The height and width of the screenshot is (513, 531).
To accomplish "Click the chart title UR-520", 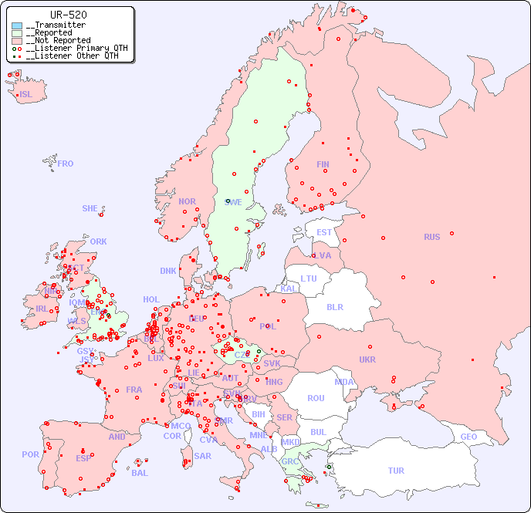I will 68,15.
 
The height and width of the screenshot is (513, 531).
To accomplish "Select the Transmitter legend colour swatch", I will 17,25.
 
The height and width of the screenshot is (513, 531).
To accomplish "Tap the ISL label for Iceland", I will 26,95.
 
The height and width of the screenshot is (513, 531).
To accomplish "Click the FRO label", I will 66,164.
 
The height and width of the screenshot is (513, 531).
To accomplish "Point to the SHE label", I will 90,208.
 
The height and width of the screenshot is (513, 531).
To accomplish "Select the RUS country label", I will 431,237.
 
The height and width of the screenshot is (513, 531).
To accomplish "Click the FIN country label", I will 323,164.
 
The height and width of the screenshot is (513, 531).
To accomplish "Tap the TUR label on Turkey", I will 396,471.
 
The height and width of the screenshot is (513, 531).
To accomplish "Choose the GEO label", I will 468,437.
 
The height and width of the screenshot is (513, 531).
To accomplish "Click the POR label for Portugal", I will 30,454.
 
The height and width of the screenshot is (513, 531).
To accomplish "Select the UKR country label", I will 367,359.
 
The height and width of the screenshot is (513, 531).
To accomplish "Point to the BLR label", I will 334,306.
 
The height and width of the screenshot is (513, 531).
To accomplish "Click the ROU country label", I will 316,398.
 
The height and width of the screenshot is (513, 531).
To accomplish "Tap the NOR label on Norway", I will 187,201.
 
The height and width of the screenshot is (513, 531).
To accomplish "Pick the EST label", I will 324,232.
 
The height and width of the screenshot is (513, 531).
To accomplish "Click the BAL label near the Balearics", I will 140,473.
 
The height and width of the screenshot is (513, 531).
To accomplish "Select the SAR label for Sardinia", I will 202,456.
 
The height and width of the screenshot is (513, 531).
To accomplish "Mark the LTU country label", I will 309,278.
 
